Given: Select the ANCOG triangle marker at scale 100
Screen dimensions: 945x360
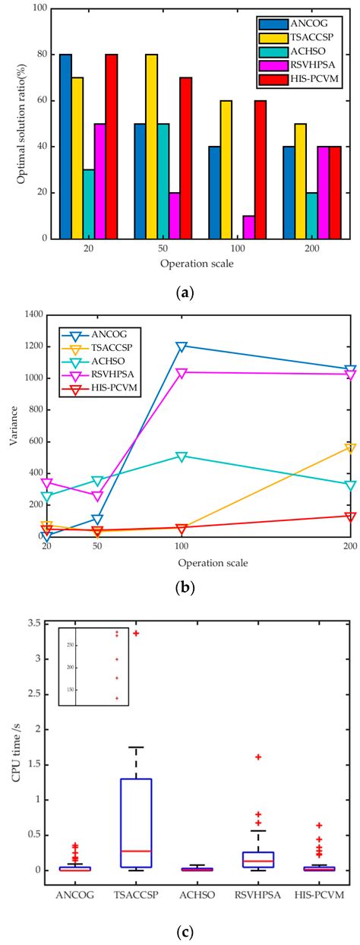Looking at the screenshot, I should coord(182,346).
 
